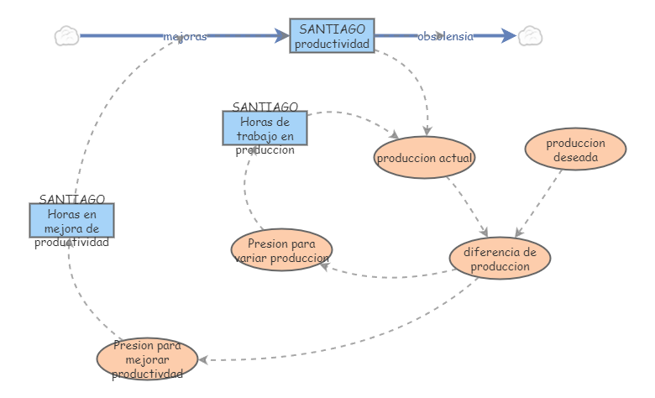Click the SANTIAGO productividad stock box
[332, 36]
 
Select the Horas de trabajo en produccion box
[265, 128]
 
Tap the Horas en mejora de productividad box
[71, 220]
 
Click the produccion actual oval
[425, 157]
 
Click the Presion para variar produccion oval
[281, 249]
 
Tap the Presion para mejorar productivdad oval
[147, 359]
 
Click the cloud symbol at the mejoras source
[66, 35]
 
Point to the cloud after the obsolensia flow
[530, 35]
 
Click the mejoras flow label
[185, 36]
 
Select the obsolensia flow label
[445, 36]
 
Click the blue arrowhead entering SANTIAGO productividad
[282, 35]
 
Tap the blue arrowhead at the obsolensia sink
[509, 35]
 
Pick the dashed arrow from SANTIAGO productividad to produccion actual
[420, 84]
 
